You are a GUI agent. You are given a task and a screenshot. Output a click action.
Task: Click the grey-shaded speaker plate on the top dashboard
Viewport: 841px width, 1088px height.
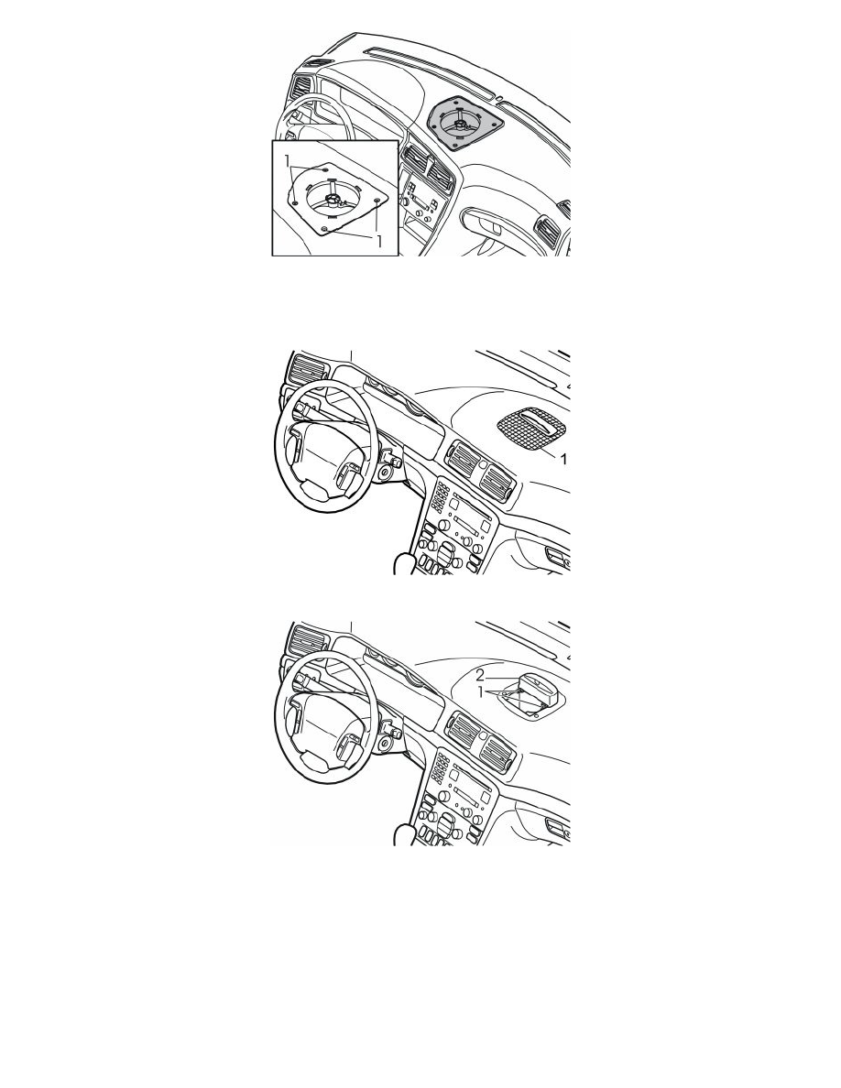[x=464, y=122]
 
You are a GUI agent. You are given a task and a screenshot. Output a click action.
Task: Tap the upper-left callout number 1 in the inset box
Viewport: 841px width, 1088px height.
[x=288, y=161]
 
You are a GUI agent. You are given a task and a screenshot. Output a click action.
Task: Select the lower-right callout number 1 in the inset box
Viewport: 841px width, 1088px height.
[x=379, y=242]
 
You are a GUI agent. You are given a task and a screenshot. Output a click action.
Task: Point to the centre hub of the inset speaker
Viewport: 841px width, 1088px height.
[x=333, y=200]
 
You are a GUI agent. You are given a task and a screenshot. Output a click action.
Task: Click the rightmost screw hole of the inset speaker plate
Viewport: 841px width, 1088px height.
[x=377, y=200]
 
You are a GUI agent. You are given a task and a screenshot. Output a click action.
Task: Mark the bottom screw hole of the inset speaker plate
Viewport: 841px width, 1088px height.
[x=324, y=228]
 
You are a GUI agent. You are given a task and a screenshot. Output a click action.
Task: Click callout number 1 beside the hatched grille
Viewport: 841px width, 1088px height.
[x=563, y=460]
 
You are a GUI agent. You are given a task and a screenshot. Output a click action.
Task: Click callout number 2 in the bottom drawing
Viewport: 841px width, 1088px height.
[x=479, y=675]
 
